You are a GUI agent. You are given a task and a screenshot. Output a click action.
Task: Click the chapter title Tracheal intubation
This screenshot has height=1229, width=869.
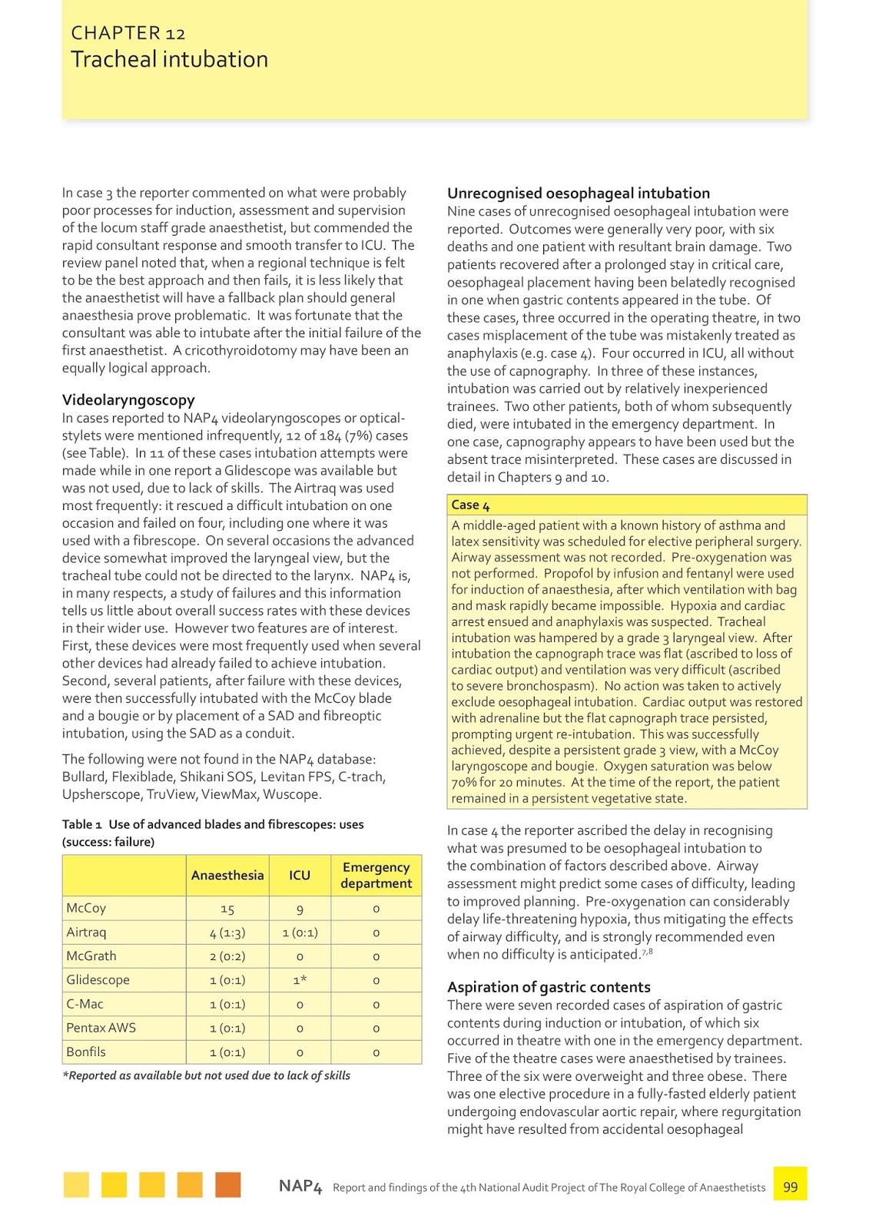(x=169, y=59)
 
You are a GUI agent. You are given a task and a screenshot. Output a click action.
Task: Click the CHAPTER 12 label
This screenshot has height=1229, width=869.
(x=128, y=33)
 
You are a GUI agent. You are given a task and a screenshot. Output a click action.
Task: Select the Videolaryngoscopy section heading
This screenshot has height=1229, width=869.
(x=128, y=399)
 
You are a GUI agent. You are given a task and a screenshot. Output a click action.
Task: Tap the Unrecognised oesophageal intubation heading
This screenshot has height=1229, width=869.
(x=579, y=193)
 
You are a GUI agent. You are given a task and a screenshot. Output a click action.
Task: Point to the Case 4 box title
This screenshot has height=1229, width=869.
(x=470, y=505)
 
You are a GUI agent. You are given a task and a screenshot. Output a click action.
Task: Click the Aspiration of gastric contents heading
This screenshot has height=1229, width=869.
(x=549, y=987)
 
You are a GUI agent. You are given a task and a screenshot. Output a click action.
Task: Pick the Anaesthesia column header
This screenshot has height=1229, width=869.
(x=227, y=875)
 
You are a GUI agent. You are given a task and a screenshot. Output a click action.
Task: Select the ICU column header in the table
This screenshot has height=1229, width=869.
(x=300, y=875)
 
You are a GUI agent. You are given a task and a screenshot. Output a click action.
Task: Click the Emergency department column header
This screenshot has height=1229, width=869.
(x=376, y=875)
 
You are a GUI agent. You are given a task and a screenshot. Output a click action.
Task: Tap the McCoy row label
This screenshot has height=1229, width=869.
(x=86, y=908)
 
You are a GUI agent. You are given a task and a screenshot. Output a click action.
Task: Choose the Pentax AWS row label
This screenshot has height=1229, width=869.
(x=101, y=1028)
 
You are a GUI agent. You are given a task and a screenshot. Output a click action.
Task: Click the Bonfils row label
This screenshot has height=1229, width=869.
(x=86, y=1052)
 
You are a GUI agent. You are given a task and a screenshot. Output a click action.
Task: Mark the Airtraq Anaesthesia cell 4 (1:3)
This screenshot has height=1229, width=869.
(x=227, y=933)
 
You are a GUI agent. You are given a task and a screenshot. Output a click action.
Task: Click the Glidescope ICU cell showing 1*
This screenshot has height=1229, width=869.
(x=300, y=980)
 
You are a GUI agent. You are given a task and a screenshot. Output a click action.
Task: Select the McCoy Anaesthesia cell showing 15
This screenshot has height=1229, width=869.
(x=227, y=909)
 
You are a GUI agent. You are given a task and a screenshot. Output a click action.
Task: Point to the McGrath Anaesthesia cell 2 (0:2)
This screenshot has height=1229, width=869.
(x=227, y=956)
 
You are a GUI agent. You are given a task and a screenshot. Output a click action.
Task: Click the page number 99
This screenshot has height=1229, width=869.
(x=790, y=1187)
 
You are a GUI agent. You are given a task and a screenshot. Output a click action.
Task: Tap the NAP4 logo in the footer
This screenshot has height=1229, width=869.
(x=300, y=1186)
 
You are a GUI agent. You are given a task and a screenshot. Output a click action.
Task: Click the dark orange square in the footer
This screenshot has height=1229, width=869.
(x=227, y=1184)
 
